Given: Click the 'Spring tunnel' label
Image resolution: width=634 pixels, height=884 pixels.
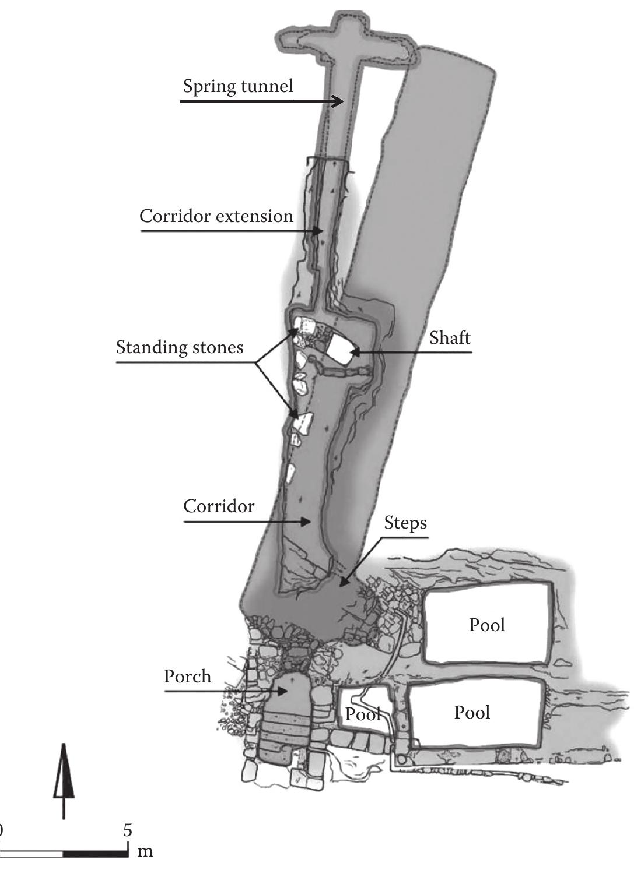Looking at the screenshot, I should pyautogui.click(x=237, y=86).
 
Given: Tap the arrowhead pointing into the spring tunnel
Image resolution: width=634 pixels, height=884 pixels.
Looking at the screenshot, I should pyautogui.click(x=339, y=101).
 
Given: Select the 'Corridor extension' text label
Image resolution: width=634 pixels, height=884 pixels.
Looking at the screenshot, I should pyautogui.click(x=216, y=216).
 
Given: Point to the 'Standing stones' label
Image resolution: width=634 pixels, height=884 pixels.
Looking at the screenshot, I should pyautogui.click(x=179, y=347).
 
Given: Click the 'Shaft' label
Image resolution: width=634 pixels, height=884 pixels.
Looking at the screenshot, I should pyautogui.click(x=450, y=338).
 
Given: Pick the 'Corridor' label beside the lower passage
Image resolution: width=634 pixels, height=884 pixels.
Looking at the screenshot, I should pyautogui.click(x=219, y=506).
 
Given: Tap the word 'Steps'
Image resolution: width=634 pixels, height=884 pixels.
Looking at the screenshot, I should pyautogui.click(x=405, y=523).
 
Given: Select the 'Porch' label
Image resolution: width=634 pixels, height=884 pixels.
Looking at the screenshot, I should pyautogui.click(x=187, y=677).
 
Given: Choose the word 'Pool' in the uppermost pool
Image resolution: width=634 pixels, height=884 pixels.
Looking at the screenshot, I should pyautogui.click(x=487, y=625).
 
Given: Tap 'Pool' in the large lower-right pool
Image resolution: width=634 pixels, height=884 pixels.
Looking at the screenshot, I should pyautogui.click(x=472, y=712).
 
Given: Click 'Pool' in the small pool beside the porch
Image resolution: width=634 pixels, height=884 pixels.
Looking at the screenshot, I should pyautogui.click(x=362, y=714).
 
